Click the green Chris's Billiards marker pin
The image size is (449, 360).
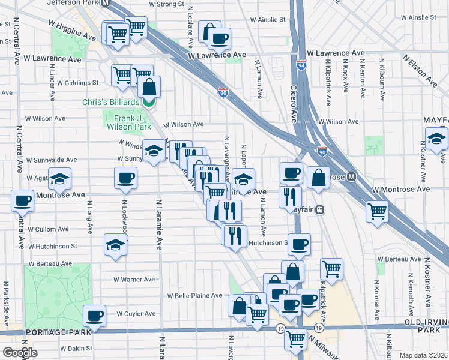coord(149,102)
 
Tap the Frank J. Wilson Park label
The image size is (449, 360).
coord(128,123)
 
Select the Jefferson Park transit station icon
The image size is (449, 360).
coord(106,3)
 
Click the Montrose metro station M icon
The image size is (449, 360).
coord(352,177)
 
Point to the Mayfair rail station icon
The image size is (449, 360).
coord(321,209)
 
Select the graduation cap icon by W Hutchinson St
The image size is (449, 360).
coord(115,245)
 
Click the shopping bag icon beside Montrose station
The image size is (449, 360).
coord(318,177)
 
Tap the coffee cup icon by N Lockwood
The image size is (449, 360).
coord(126,178)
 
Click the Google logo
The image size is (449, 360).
coord(20,353)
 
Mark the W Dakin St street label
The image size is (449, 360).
coord(76,347)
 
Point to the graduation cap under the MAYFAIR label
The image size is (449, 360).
coord(436,138)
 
